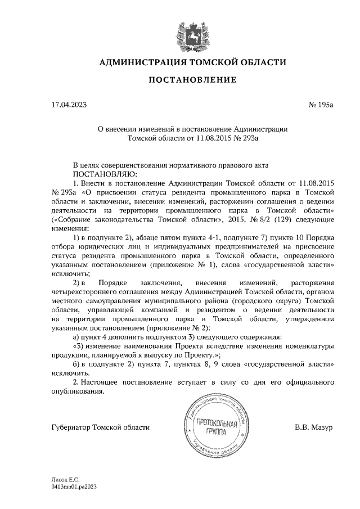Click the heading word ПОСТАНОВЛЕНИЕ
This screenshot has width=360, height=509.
coord(192,80)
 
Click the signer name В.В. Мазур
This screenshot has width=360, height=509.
coord(313,427)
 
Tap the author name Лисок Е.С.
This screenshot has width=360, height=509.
coord(63,480)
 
